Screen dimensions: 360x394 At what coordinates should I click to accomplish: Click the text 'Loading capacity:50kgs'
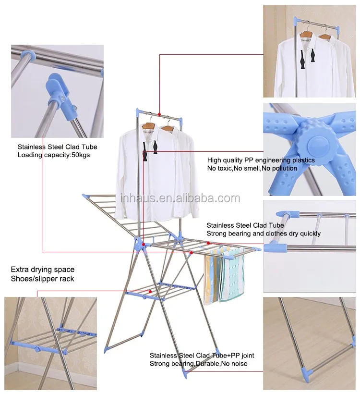(53, 155)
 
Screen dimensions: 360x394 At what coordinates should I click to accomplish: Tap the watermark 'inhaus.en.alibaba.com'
(180, 198)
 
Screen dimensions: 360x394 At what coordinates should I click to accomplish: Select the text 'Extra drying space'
(43, 270)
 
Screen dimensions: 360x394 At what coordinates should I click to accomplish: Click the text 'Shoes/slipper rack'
(42, 279)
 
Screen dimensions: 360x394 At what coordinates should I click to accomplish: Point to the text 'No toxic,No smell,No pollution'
(252, 168)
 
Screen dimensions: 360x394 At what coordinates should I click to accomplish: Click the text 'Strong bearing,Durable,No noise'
(199, 363)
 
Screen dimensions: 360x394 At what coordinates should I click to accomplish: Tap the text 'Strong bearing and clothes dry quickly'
(264, 234)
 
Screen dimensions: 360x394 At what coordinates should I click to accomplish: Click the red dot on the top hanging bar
(159, 114)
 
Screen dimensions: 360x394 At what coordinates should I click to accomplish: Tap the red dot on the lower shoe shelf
(150, 292)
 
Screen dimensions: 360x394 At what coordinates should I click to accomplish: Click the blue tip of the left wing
(85, 196)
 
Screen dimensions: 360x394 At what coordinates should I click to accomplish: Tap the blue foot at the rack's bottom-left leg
(107, 350)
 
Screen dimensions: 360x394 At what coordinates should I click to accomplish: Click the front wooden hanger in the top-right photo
(307, 34)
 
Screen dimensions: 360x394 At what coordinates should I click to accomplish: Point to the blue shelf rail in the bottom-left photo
(37, 348)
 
